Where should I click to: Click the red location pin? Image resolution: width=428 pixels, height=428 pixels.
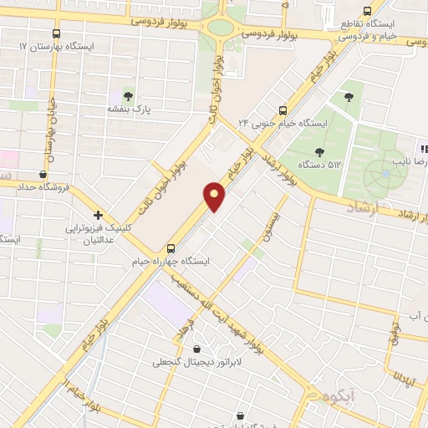216,196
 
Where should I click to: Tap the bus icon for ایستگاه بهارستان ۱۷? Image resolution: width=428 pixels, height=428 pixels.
56,34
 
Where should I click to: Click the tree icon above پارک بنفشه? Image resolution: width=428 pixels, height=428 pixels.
127,94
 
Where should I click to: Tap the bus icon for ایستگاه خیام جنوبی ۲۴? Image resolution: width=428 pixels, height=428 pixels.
283,110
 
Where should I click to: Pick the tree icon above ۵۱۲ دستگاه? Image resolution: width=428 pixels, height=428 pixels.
318,152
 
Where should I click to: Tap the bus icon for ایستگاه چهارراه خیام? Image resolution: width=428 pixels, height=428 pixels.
171,248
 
